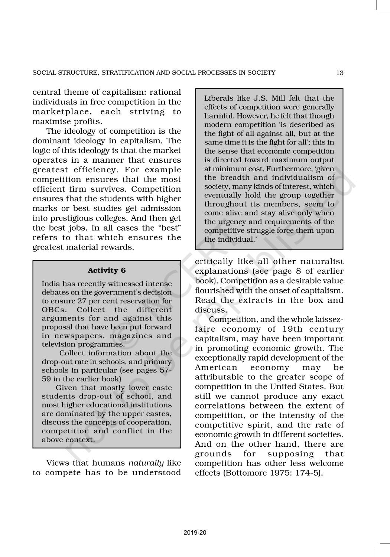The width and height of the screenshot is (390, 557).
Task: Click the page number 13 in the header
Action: tap(339, 73)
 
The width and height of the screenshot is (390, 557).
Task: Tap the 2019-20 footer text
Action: tap(195, 532)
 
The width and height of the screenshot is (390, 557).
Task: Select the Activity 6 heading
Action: tap(107, 270)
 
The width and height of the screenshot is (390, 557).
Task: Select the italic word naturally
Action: tap(146, 463)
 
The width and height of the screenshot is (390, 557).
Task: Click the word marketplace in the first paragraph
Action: tap(61, 112)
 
